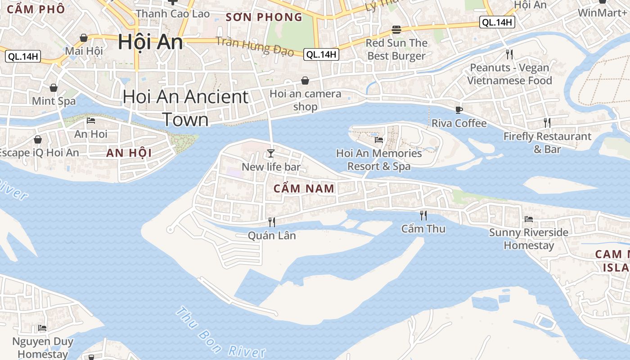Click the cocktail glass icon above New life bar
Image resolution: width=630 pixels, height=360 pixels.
click(270, 153)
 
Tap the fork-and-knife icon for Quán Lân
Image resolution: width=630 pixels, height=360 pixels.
click(271, 222)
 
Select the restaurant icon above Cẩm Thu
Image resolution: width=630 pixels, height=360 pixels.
click(423, 215)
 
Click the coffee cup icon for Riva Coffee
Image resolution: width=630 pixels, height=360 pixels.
click(459, 110)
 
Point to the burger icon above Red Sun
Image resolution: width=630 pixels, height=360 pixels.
click(396, 30)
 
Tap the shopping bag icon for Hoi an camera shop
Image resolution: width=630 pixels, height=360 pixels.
click(305, 81)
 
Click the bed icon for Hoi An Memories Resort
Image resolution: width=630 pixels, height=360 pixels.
click(379, 140)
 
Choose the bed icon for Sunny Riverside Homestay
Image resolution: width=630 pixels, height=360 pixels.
click(529, 219)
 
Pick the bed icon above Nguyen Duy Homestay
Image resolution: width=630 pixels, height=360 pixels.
click(42, 328)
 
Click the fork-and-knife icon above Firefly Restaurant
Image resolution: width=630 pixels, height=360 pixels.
click(547, 122)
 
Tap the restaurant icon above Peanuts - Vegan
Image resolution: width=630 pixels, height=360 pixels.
click(509, 54)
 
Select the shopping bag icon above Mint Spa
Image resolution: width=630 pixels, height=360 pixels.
click(54, 87)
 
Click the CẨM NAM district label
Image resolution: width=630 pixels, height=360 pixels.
click(304, 189)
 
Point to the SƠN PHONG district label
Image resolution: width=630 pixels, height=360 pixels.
click(264, 18)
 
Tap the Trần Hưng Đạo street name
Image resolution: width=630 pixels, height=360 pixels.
click(255, 46)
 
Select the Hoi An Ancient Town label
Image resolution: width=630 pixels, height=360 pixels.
click(185, 108)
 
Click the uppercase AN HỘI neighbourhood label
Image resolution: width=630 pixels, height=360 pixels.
click(129, 153)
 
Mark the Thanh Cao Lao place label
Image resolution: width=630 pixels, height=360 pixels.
click(173, 14)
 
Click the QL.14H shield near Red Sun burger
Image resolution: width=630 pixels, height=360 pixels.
click(497, 22)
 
